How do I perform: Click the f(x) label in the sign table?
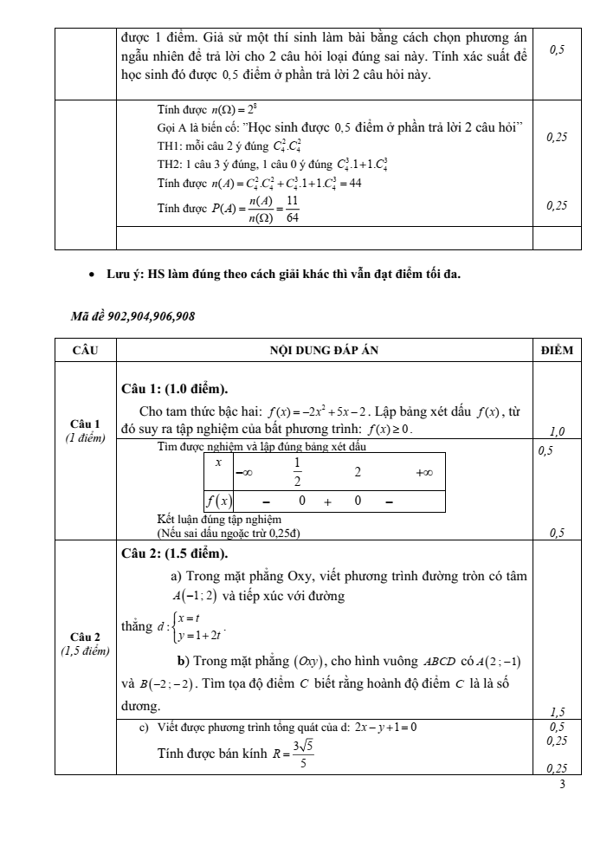point(217,501)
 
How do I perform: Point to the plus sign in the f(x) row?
point(328,501)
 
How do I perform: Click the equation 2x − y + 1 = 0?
point(382,727)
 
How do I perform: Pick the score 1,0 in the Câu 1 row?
point(557,430)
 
